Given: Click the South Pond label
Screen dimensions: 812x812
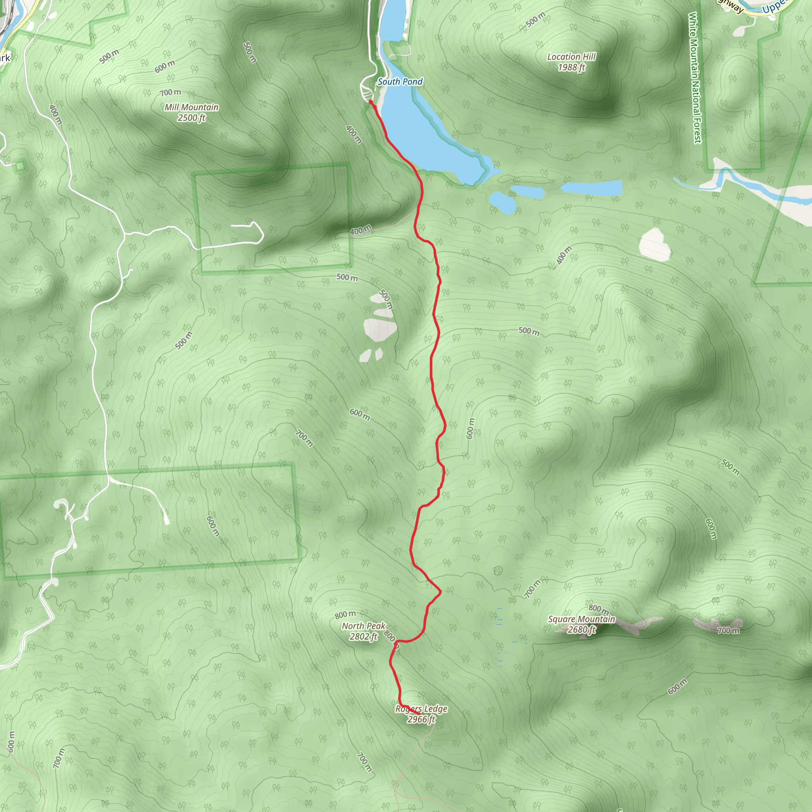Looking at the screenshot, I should coord(400,82).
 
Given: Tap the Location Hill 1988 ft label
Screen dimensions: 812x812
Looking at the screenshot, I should coord(571,62).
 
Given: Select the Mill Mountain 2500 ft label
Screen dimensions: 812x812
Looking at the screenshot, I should coord(191,112).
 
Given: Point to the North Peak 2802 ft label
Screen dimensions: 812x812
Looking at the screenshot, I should coord(363,631).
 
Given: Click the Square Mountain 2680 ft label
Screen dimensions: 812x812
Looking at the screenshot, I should coord(581,624).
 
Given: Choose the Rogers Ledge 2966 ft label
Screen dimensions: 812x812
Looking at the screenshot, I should coord(421,714).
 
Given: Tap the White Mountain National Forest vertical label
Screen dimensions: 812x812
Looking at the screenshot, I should coord(694,78).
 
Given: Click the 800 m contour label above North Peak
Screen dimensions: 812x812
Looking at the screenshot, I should coord(345,615).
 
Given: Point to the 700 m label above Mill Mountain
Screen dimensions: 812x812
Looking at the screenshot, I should coord(170,92).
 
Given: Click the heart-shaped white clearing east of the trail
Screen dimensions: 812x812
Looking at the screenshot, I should coord(654,244).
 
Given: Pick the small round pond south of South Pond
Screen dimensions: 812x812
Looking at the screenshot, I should coord(503,203).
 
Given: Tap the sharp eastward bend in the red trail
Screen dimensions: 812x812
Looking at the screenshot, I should coord(440,592).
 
